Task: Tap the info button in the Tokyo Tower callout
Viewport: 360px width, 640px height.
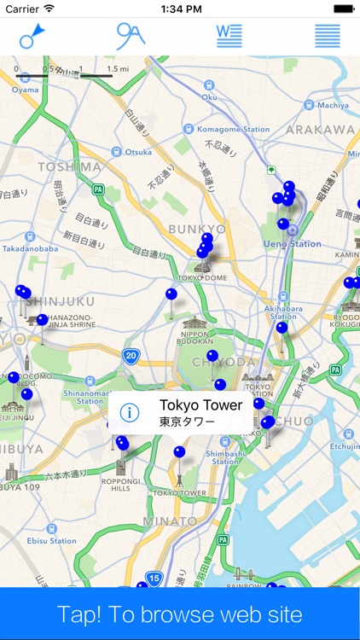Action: pyautogui.click(x=130, y=413)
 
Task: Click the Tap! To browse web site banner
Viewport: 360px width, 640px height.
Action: pyautogui.click(x=180, y=614)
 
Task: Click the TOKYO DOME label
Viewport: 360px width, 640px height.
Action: pyautogui.click(x=202, y=278)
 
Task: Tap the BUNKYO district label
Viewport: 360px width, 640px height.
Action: pyautogui.click(x=196, y=229)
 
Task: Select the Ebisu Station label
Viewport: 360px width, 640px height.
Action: pyautogui.click(x=51, y=540)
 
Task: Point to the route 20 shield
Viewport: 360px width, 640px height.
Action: pyautogui.click(x=130, y=358)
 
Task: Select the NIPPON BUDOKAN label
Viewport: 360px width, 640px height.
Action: pyautogui.click(x=196, y=339)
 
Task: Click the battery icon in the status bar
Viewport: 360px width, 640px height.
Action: pyautogui.click(x=343, y=9)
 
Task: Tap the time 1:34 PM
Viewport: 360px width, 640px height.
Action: pyautogui.click(x=180, y=9)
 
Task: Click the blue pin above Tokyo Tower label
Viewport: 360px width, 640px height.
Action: pyautogui.click(x=179, y=451)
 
